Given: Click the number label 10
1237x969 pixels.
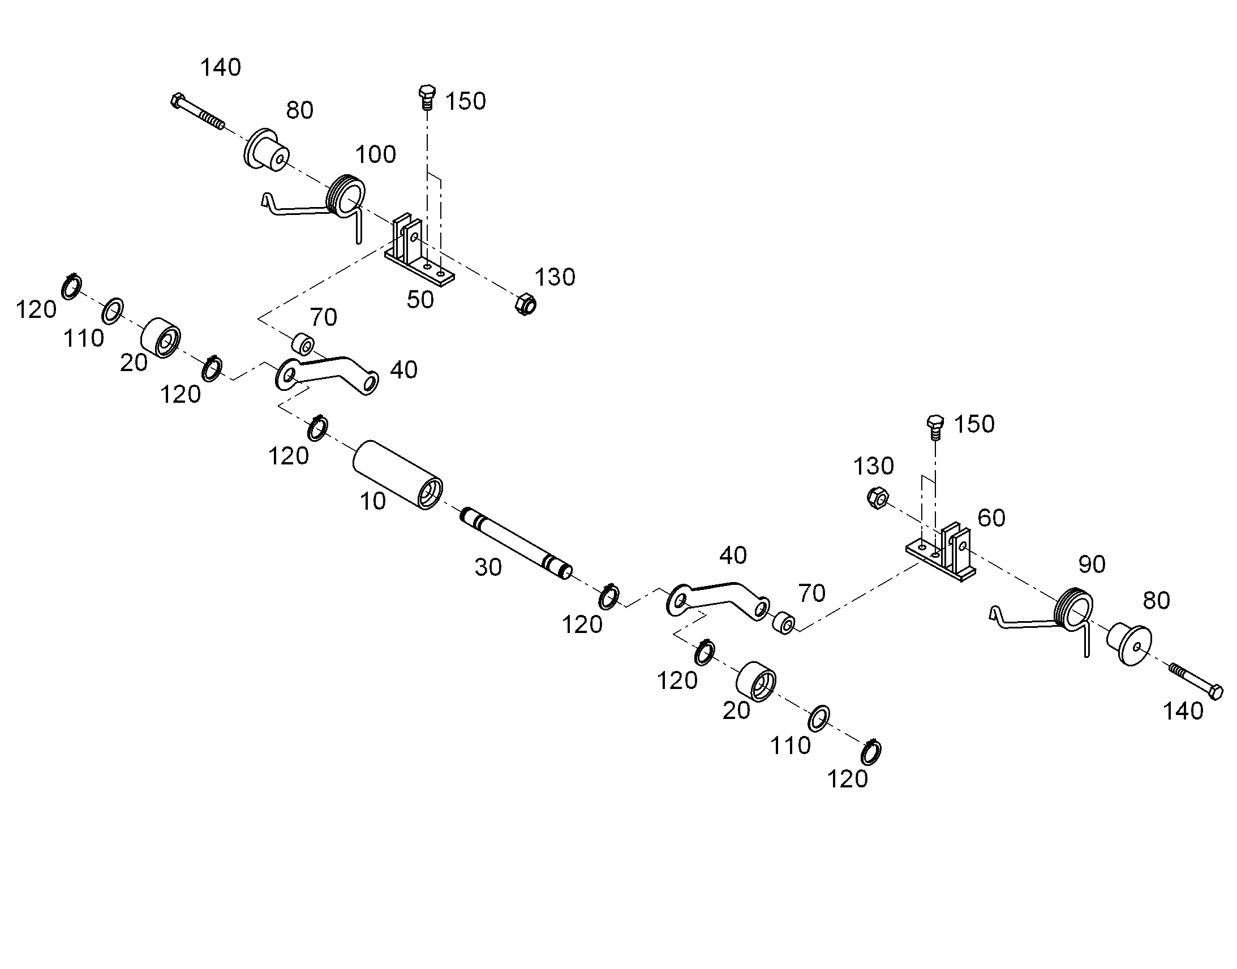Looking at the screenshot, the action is (x=373, y=501).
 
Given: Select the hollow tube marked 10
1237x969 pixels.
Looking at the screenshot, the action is (x=398, y=475).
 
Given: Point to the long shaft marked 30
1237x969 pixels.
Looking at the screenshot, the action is (x=516, y=543).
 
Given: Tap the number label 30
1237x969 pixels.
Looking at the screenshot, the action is (x=488, y=567).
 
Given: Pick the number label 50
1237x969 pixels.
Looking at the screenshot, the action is (x=420, y=300).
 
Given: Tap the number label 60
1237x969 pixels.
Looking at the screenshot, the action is (x=991, y=518).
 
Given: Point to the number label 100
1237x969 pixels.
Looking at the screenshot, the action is (x=376, y=154).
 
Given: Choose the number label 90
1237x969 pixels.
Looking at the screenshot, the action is (x=1092, y=564).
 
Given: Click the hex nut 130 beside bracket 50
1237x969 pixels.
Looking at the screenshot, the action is (x=526, y=304).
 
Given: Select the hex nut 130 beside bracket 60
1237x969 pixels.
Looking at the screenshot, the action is (x=878, y=498).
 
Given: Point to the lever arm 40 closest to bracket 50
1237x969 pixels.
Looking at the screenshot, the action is (x=327, y=374).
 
